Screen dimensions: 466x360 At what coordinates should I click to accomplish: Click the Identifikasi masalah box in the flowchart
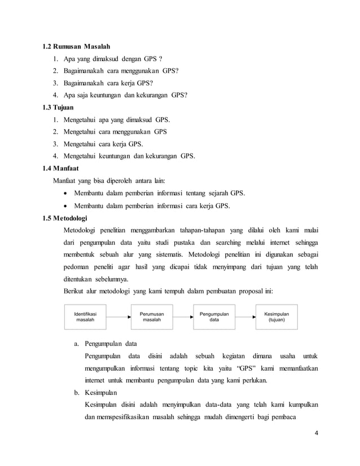(82, 316)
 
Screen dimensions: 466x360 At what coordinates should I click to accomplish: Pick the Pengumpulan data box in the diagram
(214, 316)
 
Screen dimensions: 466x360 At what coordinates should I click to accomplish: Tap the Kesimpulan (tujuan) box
(276, 316)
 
